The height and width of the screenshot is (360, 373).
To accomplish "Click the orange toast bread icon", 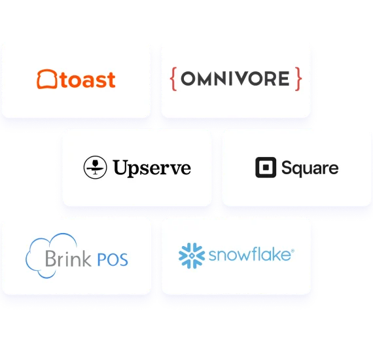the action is (x=47, y=79).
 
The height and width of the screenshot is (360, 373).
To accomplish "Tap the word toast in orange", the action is (x=88, y=80).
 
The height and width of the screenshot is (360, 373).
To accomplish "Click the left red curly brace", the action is (x=173, y=79).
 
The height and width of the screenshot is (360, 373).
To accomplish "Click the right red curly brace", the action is (x=298, y=79).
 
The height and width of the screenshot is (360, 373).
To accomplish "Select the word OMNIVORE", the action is (x=236, y=79).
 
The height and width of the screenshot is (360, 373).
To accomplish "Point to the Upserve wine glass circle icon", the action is (x=95, y=168).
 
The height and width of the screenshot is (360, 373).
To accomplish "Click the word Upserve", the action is (x=152, y=168).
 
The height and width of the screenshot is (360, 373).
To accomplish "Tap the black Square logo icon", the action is (x=266, y=168).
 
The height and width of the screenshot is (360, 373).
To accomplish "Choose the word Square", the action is (x=310, y=168).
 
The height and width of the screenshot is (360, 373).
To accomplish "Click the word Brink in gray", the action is (x=68, y=258).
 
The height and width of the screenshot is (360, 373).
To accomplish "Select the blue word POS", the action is (x=113, y=260).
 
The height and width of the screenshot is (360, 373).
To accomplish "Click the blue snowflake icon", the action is (x=192, y=255).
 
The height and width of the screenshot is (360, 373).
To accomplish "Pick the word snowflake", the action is (x=250, y=254).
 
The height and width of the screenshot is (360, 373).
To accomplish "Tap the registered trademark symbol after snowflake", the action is (x=293, y=251).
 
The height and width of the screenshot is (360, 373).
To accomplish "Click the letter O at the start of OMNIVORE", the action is (x=188, y=79).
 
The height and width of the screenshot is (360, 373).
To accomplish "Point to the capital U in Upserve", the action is (x=120, y=167).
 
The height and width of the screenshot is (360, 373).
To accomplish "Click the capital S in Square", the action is (x=287, y=168).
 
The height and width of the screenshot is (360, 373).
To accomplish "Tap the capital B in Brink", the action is (x=50, y=258).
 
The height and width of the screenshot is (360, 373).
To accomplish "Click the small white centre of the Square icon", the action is (x=266, y=168).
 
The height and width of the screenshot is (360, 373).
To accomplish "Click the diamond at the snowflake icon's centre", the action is (x=192, y=255).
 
